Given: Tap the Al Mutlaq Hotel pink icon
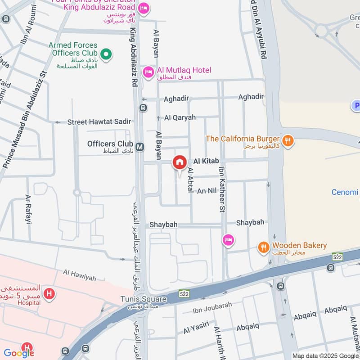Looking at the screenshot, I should [x=148, y=72].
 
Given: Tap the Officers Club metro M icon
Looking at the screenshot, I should [x=140, y=147].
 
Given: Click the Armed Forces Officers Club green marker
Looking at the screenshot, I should [x=106, y=55].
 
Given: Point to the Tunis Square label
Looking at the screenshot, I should [x=144, y=299].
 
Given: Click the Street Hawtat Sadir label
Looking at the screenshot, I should [x=99, y=122].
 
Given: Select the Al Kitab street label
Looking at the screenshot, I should [x=206, y=161].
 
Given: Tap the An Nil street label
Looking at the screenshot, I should [x=207, y=191].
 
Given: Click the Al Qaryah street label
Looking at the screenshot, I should [x=180, y=117].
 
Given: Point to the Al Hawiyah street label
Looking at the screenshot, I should [x=80, y=275].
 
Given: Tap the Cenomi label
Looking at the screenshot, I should [x=345, y=193].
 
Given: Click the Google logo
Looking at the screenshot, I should [x=19, y=353].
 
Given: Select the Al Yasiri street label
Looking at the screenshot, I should [x=196, y=328].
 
